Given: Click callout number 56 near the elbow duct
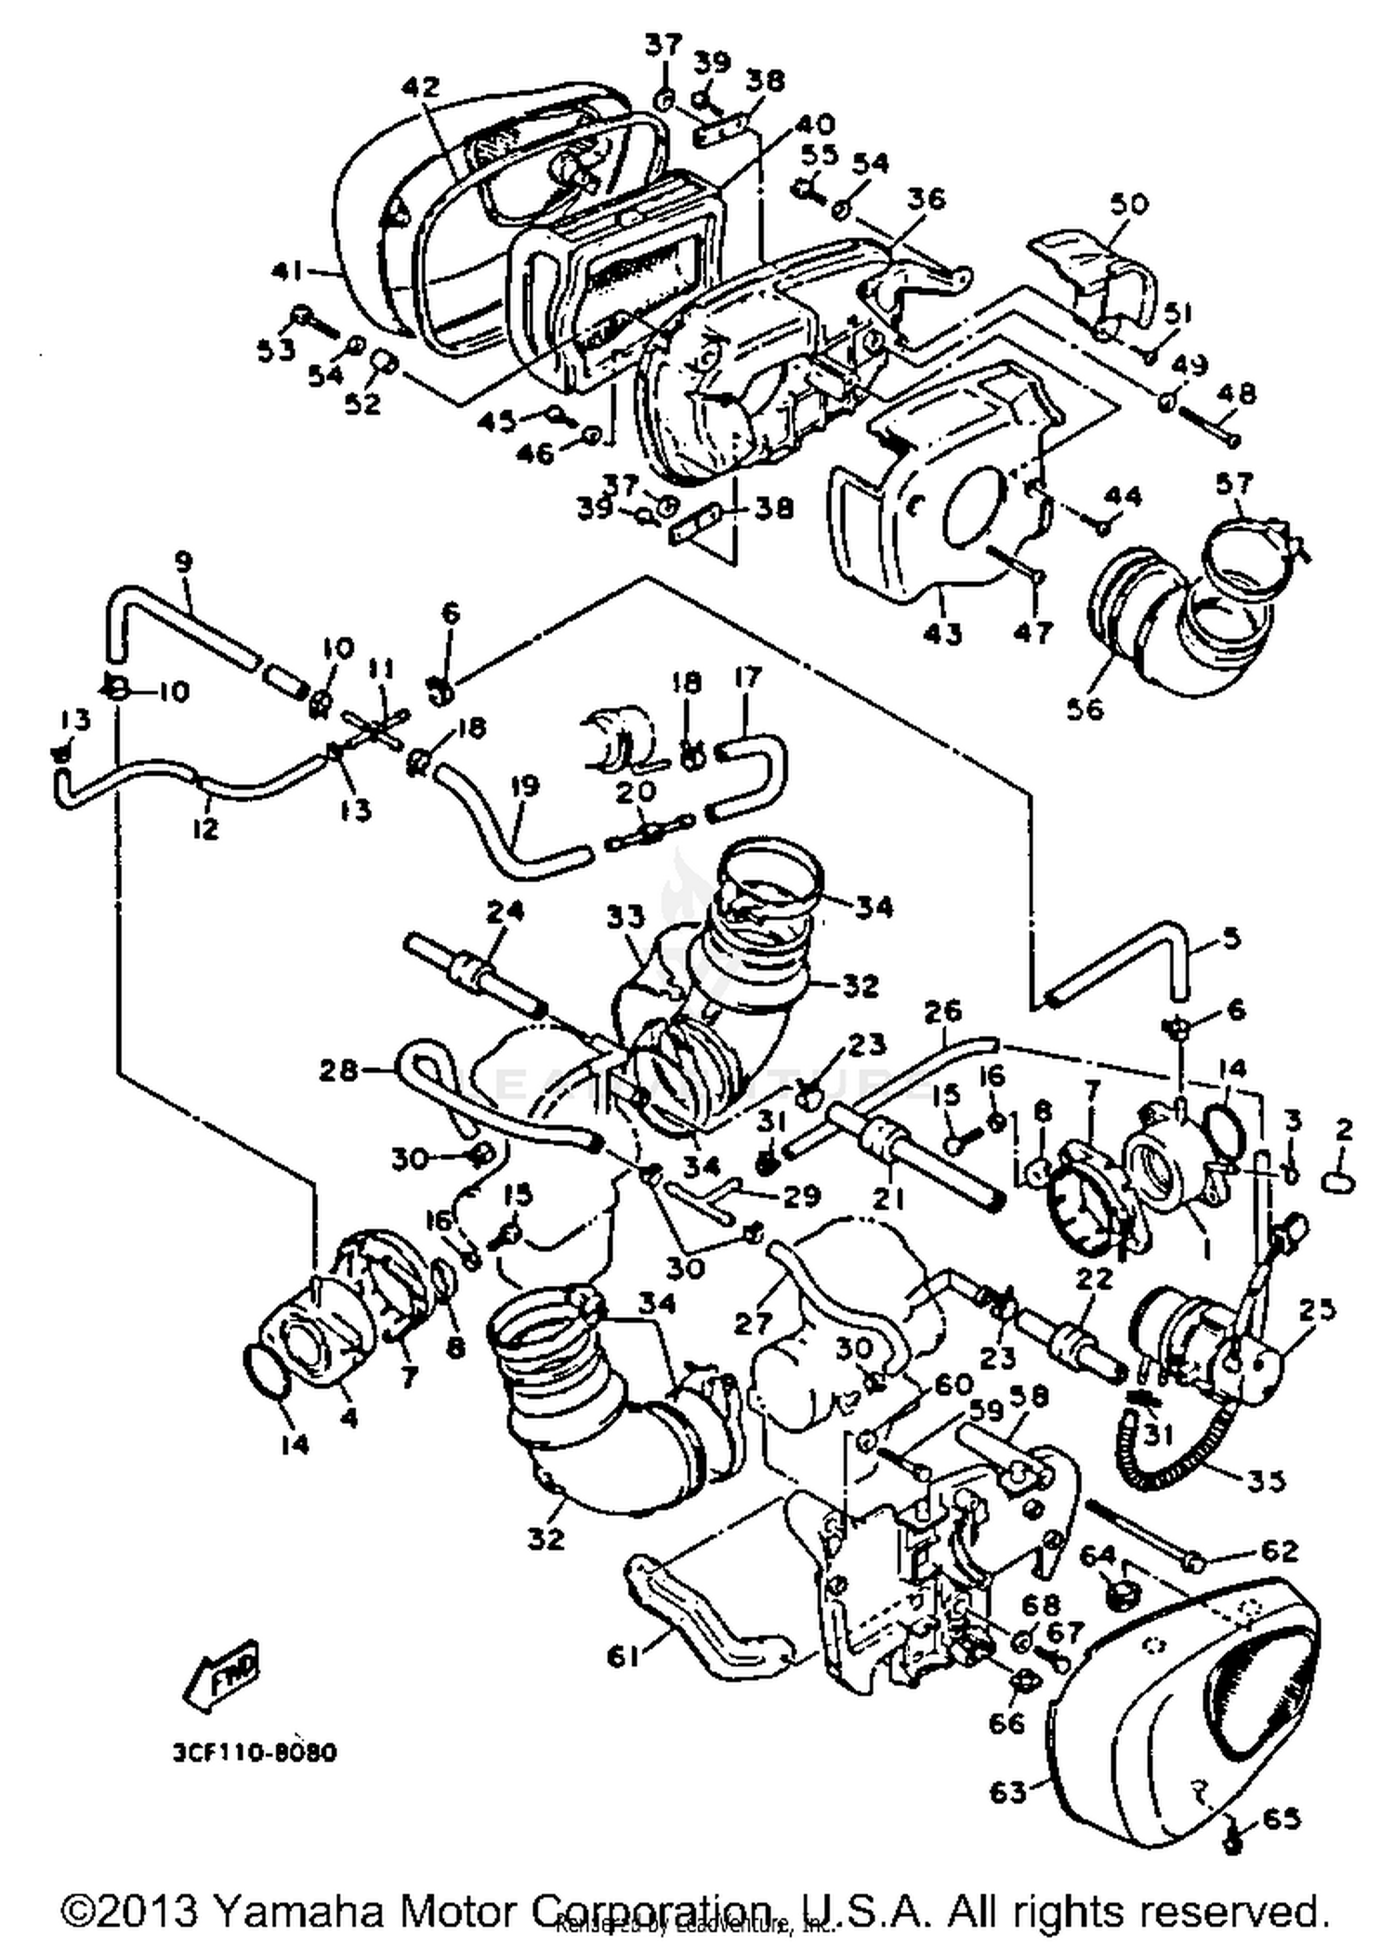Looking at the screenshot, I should (x=1085, y=708).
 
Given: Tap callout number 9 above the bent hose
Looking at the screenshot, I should (x=183, y=562).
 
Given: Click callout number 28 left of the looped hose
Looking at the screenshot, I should (x=338, y=1071).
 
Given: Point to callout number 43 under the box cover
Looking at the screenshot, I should (x=942, y=634).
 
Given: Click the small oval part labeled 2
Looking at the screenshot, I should (x=1336, y=1183).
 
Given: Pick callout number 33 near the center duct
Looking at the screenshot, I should (x=625, y=918).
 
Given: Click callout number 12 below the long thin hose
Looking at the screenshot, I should (x=206, y=826).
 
